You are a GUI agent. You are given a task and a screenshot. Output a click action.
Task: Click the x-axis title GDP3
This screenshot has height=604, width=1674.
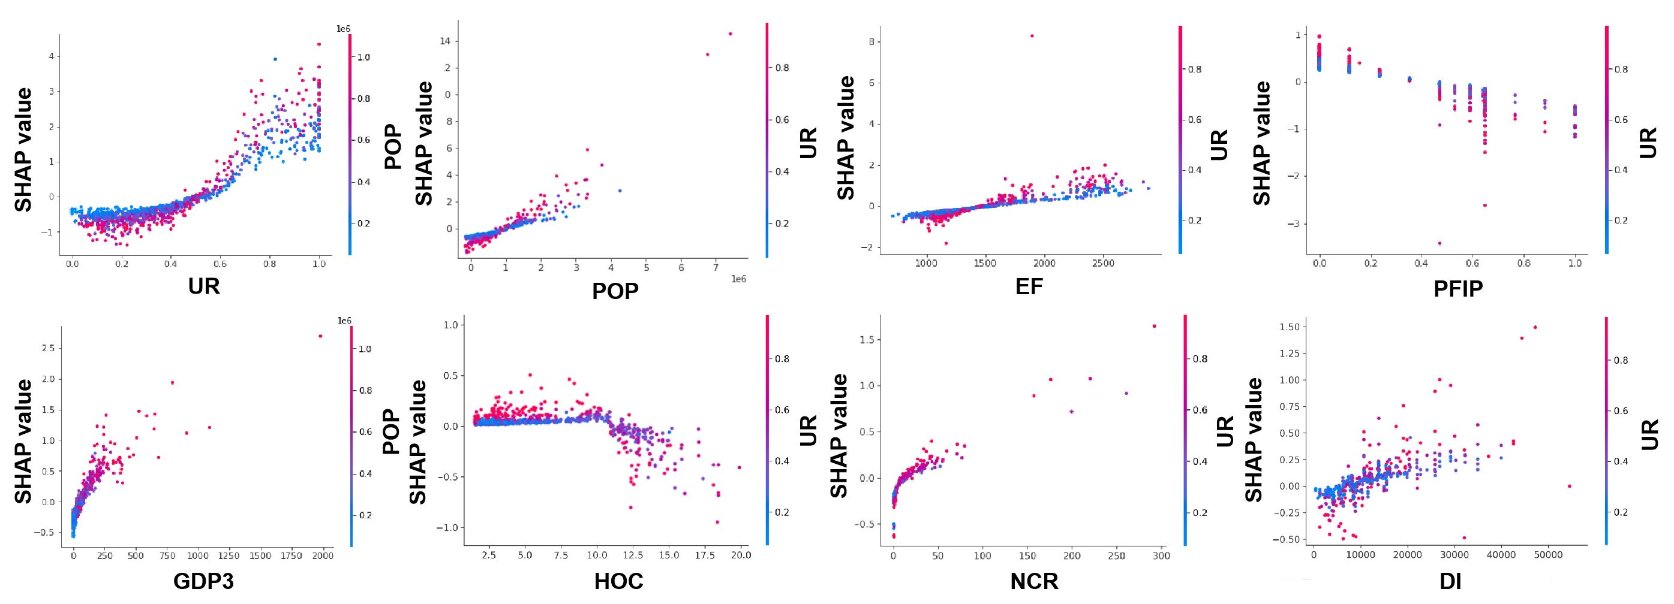pyautogui.click(x=203, y=581)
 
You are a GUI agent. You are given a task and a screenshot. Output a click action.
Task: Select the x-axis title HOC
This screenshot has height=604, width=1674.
pyautogui.click(x=618, y=581)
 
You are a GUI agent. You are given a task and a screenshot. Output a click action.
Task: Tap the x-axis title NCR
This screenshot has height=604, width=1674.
pyautogui.click(x=1034, y=581)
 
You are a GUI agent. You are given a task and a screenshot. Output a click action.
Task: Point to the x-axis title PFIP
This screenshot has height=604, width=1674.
pyautogui.click(x=1457, y=288)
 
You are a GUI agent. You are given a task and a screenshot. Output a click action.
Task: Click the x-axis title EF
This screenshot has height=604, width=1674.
pyautogui.click(x=1029, y=286)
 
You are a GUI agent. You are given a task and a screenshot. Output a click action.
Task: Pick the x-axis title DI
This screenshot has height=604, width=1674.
pyautogui.click(x=1450, y=581)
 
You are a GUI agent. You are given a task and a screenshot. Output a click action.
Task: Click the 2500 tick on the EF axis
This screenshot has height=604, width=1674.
pyautogui.click(x=1103, y=263)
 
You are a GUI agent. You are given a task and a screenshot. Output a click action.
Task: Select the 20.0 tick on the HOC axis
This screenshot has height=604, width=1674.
pyautogui.click(x=741, y=555)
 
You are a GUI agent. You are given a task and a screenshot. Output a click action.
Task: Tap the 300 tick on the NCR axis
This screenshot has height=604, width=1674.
pyautogui.click(x=1161, y=556)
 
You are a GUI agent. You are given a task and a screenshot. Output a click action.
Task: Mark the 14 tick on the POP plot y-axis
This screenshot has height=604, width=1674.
pyautogui.click(x=445, y=41)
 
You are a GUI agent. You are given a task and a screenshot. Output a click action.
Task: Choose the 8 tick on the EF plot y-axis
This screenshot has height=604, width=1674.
pyautogui.click(x=870, y=41)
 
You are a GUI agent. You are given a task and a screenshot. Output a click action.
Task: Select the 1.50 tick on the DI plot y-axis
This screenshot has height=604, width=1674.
pyautogui.click(x=1289, y=327)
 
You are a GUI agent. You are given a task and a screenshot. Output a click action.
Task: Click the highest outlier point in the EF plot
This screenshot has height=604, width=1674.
pyautogui.click(x=1031, y=36)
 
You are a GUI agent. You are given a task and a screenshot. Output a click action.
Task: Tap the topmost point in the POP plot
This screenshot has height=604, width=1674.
pyautogui.click(x=730, y=34)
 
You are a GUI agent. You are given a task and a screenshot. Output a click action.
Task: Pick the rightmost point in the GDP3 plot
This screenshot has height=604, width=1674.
pyautogui.click(x=320, y=336)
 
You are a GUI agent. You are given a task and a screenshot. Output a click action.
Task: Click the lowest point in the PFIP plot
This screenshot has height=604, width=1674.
pyautogui.click(x=1439, y=243)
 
